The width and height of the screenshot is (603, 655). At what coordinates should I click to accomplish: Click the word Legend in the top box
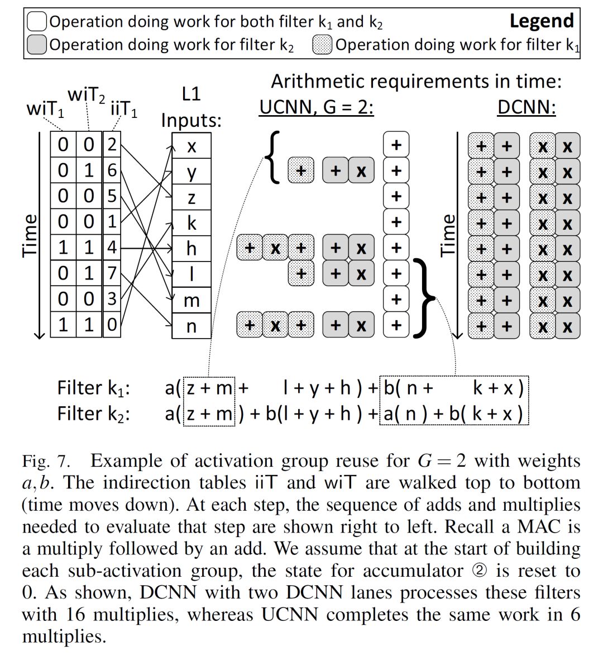click(542, 21)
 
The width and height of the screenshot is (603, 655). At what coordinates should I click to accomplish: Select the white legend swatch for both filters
click(37, 22)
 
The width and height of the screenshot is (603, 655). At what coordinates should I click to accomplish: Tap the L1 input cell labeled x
click(192, 146)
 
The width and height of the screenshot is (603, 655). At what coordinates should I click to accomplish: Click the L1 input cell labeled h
click(192, 248)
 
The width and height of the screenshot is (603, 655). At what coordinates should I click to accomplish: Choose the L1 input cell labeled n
click(192, 326)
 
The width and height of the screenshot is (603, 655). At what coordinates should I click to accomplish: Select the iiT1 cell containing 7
click(112, 273)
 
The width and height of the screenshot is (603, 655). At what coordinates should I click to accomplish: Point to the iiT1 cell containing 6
click(112, 170)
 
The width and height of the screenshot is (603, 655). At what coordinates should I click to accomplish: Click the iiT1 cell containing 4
click(112, 248)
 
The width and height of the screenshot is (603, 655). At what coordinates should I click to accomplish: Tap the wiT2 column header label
click(86, 96)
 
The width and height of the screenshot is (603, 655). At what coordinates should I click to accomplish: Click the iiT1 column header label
click(124, 108)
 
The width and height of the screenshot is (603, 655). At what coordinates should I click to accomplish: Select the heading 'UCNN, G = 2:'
click(316, 106)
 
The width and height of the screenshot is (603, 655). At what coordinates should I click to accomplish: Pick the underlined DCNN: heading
click(527, 106)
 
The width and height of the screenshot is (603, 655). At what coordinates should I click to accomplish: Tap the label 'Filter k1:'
click(94, 387)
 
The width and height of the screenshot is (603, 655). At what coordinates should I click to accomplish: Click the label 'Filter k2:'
click(94, 414)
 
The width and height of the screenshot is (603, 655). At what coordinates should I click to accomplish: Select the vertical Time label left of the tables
click(30, 235)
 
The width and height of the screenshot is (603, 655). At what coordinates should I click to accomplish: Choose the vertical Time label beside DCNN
click(448, 235)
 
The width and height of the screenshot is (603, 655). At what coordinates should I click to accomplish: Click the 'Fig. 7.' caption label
click(46, 462)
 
